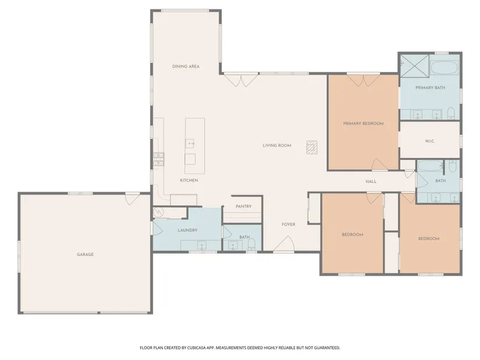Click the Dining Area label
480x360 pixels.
(x=186, y=66)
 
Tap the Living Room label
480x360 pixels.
(x=277, y=145)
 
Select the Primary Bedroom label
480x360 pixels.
(x=364, y=124)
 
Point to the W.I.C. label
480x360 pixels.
(x=430, y=141)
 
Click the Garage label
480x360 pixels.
(x=86, y=254)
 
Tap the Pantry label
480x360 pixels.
(x=244, y=206)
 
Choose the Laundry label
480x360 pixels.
(x=188, y=230)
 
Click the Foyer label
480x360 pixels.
(x=289, y=224)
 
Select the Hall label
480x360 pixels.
(x=371, y=181)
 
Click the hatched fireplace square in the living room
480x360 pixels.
(x=312, y=147)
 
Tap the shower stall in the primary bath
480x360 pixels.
(x=414, y=66)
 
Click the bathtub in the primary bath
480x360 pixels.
(x=444, y=67)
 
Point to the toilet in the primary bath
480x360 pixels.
(x=451, y=113)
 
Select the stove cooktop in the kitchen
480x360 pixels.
(x=159, y=159)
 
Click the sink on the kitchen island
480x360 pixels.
(x=190, y=144)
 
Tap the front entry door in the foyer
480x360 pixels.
(x=284, y=244)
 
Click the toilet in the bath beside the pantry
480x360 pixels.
(x=251, y=245)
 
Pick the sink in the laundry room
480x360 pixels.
(x=202, y=245)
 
